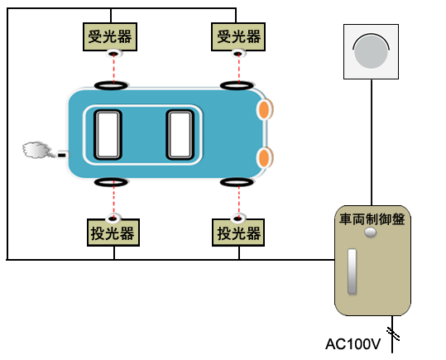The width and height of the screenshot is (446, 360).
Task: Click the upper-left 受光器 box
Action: point(110,37)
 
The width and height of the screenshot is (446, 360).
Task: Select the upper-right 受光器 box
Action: point(238,37)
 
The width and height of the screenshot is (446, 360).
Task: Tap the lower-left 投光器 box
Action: point(113,233)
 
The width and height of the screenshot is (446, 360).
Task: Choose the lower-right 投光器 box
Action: point(238,233)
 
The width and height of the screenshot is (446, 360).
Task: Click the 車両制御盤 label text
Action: point(372,219)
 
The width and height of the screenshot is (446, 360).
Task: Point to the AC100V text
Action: point(353,344)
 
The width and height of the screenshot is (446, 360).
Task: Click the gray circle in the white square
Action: point(371,52)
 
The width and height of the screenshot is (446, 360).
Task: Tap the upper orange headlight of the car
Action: point(265,109)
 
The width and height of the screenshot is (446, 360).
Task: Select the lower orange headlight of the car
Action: point(265,157)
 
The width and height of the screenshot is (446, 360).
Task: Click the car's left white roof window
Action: point(108,135)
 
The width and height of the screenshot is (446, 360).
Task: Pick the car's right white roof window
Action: point(180,135)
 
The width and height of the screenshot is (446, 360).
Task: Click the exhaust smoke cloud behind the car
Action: point(36,150)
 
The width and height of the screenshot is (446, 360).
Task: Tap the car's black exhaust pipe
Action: point(63,155)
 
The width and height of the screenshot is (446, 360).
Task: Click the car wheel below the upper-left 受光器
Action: point(111,85)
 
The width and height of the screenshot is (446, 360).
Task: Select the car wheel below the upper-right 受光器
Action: point(237,85)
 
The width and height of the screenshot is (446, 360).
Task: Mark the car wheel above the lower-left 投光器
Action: point(111,182)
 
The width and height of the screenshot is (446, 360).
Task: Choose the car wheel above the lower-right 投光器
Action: point(237,182)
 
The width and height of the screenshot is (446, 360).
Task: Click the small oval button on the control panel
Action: point(371,233)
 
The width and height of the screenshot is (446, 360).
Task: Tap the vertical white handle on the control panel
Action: point(352,271)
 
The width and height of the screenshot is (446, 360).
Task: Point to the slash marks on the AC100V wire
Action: point(393,334)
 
